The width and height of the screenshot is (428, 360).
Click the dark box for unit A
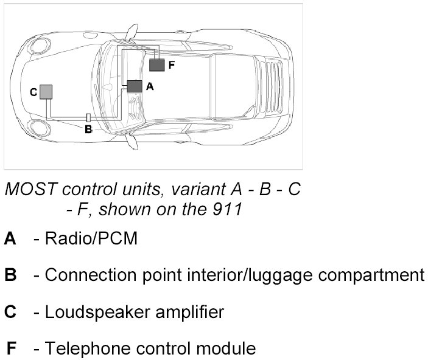[135, 86]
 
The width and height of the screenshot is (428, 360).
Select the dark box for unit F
[157, 64]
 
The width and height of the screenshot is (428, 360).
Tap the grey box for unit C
[46, 92]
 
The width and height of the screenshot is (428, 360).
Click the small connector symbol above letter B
[88, 117]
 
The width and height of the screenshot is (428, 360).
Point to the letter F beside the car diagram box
[172, 64]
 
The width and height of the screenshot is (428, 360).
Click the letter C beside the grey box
[33, 92]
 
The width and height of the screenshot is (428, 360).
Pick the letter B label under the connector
[88, 129]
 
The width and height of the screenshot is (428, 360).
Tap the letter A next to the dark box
[150, 87]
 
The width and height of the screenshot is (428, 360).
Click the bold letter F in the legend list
[11, 349]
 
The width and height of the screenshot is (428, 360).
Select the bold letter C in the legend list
[10, 313]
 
